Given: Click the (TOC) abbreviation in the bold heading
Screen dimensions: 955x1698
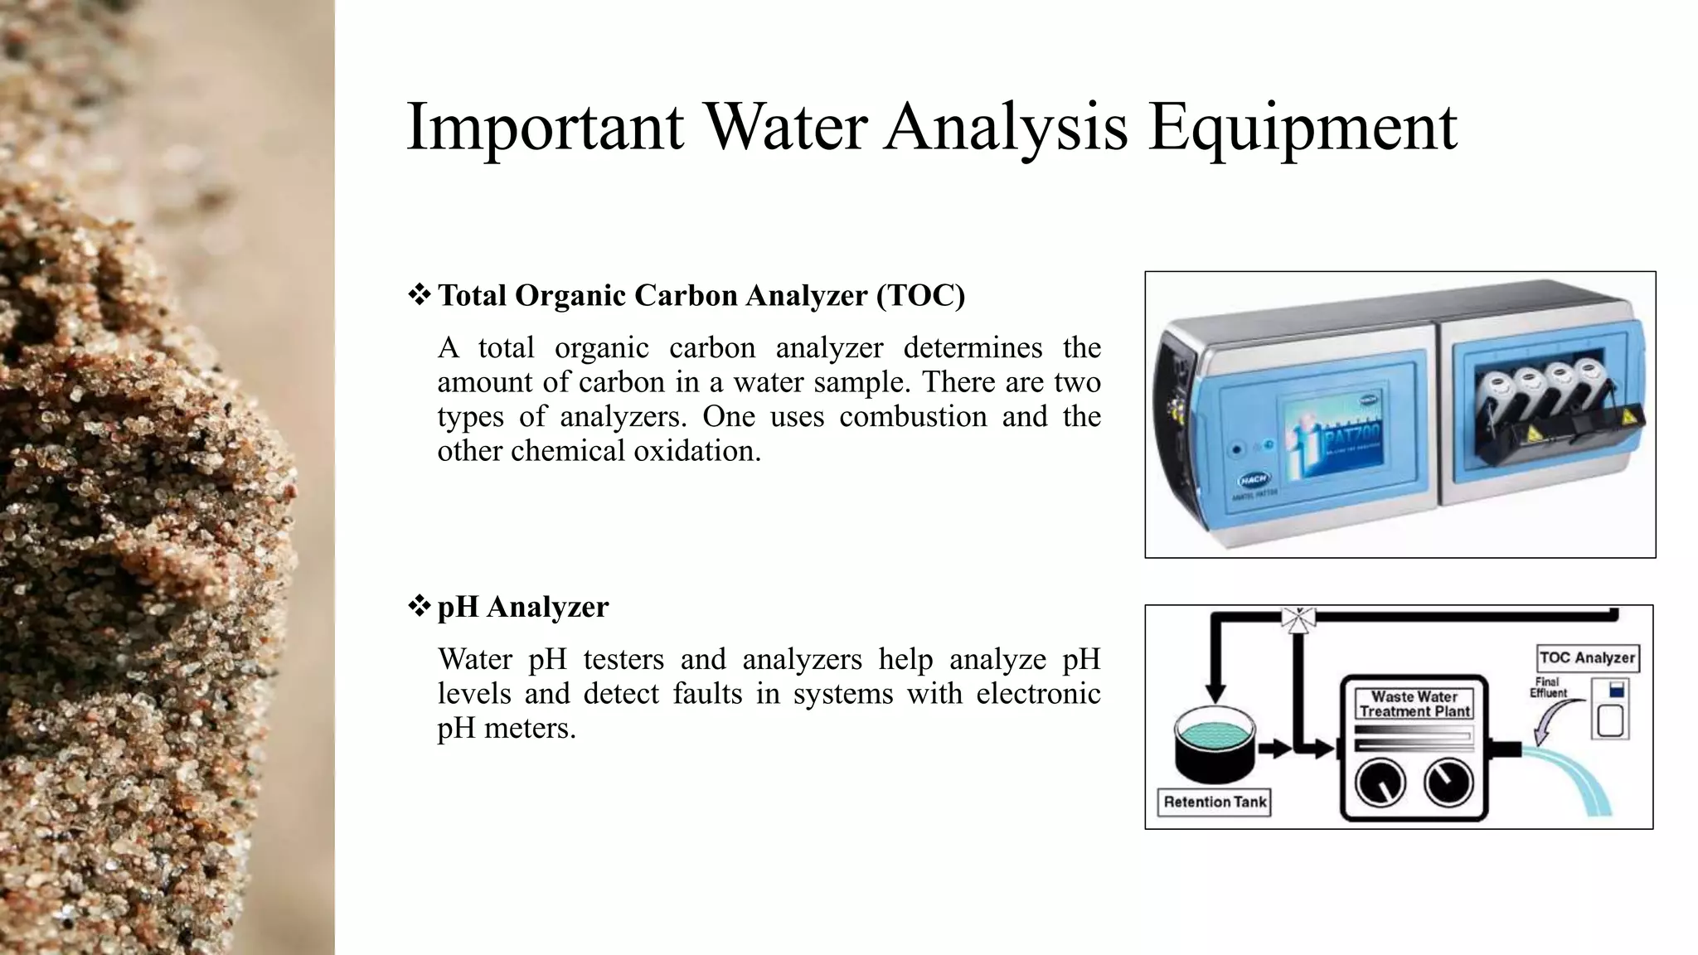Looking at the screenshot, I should point(920,295).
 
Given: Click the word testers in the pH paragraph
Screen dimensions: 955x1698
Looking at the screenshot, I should point(623,659).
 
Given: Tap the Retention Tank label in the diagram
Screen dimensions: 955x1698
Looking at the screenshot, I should point(1215,802).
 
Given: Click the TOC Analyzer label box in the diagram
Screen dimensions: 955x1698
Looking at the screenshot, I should point(1587,657).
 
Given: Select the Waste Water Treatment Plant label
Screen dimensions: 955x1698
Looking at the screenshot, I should point(1414,703).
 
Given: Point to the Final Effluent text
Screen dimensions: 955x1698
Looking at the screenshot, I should point(1548,687).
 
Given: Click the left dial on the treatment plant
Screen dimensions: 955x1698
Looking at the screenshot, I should point(1380,783).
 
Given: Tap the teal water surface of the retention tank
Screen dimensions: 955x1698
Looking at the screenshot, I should point(1215,732).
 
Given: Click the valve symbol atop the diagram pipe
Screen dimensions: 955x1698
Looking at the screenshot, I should point(1298,618).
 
